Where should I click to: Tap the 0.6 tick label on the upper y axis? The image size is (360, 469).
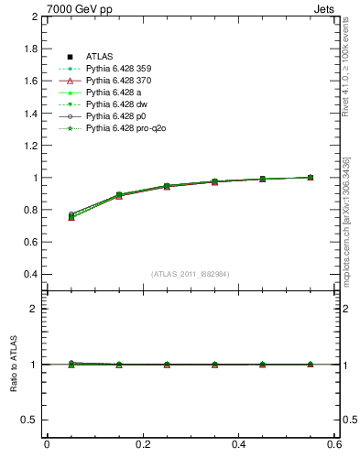tap(30, 243)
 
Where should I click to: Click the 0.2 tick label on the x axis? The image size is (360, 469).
tap(143, 444)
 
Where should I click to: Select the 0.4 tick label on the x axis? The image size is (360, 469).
tap(239, 444)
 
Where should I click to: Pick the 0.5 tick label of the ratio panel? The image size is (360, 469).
tap(30, 420)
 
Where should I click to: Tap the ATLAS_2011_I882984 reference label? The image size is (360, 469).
tap(191, 274)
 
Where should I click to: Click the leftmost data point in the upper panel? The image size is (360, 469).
tap(71, 216)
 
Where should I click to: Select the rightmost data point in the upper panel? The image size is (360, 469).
tap(311, 177)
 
